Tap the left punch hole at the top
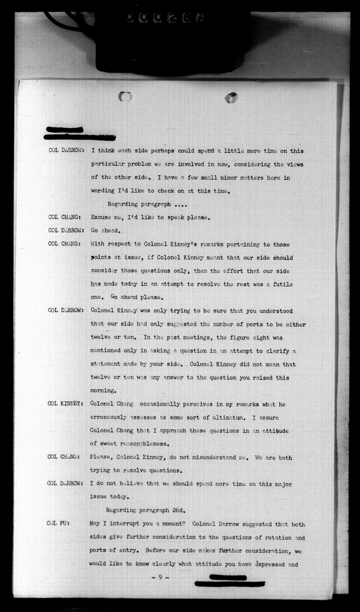[x=125, y=96]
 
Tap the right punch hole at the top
[x=231, y=98]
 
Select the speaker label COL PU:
[x=57, y=524]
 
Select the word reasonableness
[x=141, y=443]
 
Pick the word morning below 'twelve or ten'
[x=103, y=391]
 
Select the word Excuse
[x=102, y=218]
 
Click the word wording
[x=103, y=192]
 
